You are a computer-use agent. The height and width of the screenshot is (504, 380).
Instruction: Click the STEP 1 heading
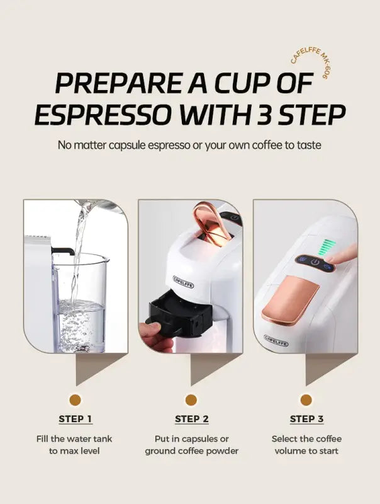coord(75,419)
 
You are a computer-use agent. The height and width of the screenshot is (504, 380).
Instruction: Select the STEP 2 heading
coord(191,419)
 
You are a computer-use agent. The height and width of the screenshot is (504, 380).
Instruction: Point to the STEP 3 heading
coord(306,419)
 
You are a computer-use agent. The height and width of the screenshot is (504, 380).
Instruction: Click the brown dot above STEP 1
coord(75,399)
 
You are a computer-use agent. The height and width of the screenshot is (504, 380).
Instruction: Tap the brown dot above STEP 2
coord(191,399)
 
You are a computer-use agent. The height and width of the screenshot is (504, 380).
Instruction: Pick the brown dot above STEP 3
coord(306,399)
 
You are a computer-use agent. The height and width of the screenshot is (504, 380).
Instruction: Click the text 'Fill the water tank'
coord(75,438)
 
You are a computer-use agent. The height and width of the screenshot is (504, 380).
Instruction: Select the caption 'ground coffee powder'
coord(191,451)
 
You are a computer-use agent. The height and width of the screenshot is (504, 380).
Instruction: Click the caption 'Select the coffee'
coord(306,438)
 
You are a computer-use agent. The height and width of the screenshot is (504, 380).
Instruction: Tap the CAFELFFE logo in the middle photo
coord(184,282)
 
